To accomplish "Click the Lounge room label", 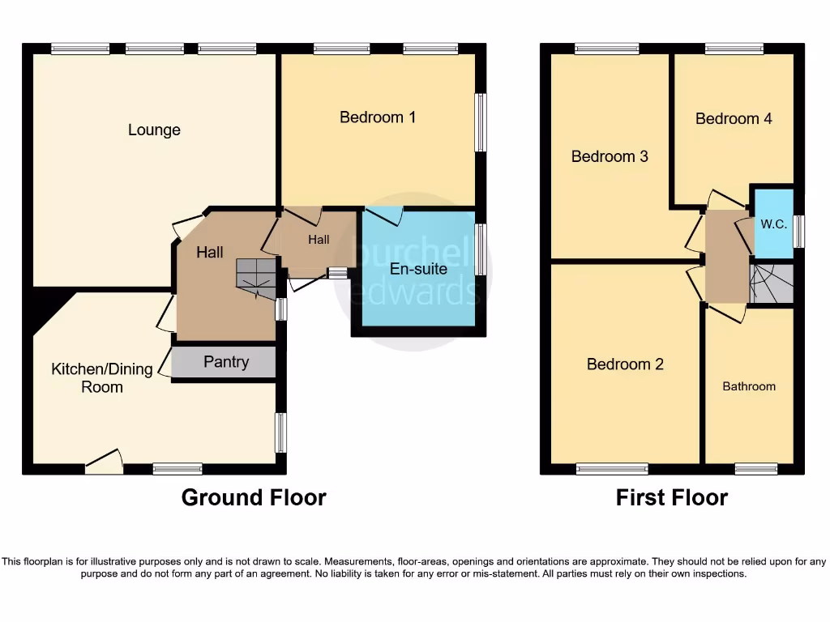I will point(154,130).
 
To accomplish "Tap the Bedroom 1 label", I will point(378,117).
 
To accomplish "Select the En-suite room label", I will point(418,269).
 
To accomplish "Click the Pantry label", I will point(226,362).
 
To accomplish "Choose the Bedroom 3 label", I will point(610,156).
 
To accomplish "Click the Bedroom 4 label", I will point(734,118).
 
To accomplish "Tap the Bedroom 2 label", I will point(625,364).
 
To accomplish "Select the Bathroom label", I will point(749,386).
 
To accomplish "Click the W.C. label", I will point(773,224).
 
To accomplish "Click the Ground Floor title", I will point(254,497).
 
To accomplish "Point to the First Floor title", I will point(672,497).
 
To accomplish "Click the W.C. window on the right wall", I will point(800,231).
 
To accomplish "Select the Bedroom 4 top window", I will point(734,49).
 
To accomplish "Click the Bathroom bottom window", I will point(756,468).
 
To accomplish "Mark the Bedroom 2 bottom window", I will point(612,468).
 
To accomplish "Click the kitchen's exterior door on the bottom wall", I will point(104,462).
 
